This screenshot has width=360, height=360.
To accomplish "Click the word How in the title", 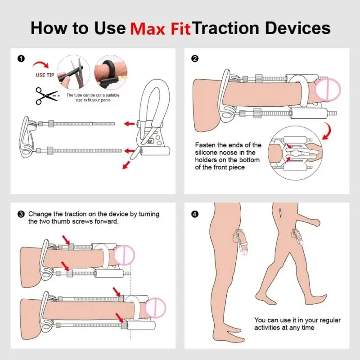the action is [48, 28].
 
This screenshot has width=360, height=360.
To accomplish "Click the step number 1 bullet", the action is [21, 59].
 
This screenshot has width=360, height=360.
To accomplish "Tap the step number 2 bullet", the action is [195, 59].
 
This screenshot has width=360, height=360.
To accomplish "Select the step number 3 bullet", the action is [21, 214].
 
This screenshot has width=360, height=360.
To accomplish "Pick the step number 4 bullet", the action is [195, 214].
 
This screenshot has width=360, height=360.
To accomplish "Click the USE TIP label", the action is [45, 75].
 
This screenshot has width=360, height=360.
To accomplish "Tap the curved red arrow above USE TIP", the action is [41, 64].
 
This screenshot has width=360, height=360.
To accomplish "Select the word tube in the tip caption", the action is [78, 95].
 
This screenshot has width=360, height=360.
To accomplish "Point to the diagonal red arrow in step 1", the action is [126, 165].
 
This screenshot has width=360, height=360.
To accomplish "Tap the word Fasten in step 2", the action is [206, 145].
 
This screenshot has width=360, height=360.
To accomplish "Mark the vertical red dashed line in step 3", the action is [130, 302].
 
